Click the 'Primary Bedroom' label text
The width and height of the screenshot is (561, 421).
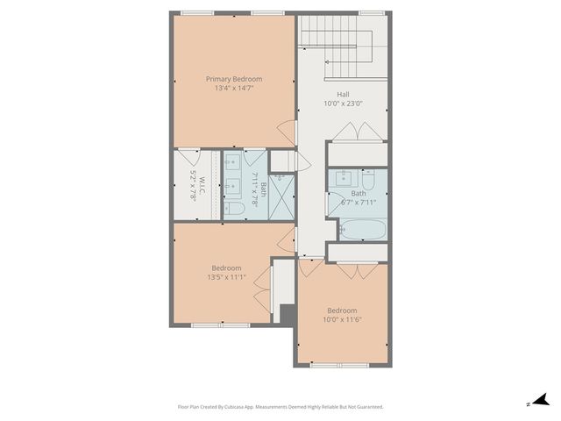234,79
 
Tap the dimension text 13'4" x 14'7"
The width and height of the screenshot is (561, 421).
234,88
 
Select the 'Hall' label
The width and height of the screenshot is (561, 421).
342,94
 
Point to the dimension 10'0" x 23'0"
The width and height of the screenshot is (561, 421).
342,103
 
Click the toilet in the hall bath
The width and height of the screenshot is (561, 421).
369,182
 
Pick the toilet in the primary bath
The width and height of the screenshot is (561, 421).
234,208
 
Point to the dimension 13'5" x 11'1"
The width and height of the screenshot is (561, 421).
226,277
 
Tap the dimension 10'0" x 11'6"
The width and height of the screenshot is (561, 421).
342,319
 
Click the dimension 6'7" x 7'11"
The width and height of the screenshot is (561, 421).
359,202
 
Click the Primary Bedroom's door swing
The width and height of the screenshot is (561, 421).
286,134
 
